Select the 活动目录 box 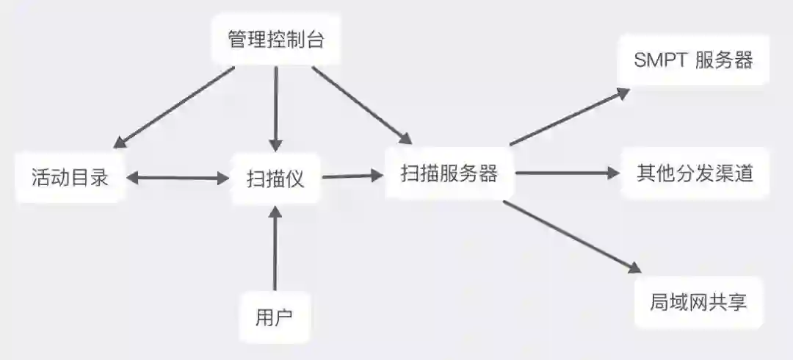[x=70, y=177]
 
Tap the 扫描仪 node [x=275, y=178]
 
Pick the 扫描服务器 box [x=449, y=173]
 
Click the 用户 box [x=275, y=317]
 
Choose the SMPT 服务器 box [x=694, y=60]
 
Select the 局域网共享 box [x=698, y=302]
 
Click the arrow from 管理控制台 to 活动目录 [x=175, y=107]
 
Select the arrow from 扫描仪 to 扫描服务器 [x=353, y=176]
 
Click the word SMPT [x=659, y=60]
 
